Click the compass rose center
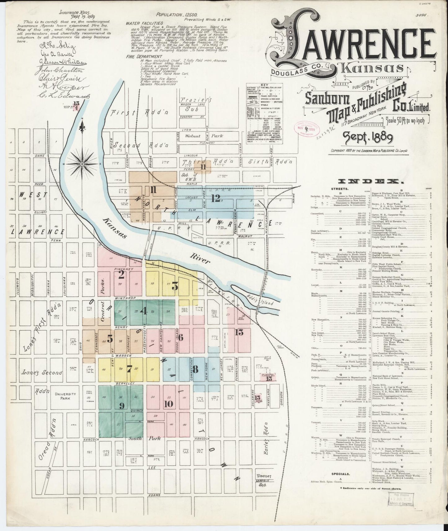coord(82,164)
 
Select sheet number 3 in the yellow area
coord(175,287)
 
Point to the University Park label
coord(65,396)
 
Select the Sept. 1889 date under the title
coord(368,136)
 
